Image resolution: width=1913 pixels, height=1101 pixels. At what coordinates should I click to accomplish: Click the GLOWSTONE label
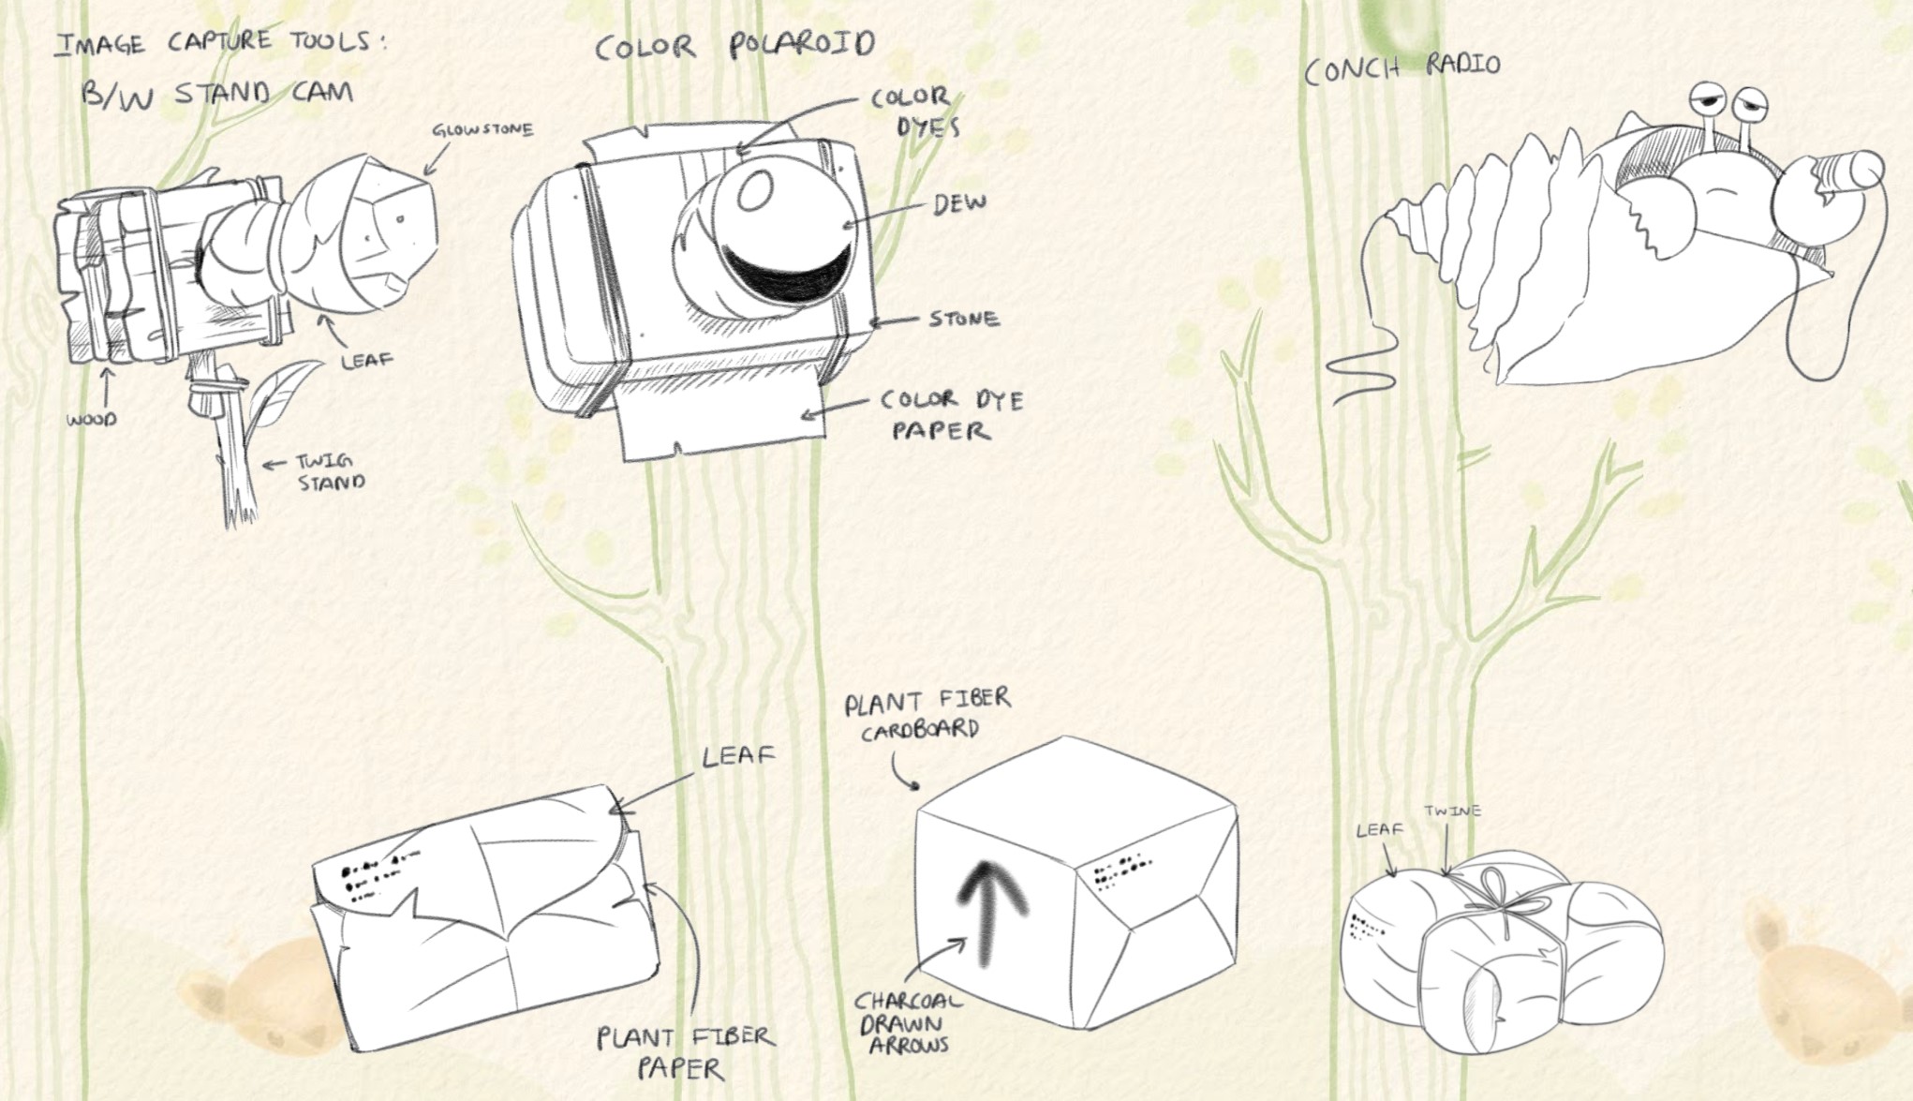coord(482,130)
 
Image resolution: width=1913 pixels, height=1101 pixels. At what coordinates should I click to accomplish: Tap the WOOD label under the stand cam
coord(92,420)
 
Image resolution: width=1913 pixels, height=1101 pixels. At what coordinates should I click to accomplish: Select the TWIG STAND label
coord(329,472)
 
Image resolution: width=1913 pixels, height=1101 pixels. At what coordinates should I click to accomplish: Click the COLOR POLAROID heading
coord(734,45)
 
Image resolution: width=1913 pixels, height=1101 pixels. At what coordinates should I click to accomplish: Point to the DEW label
coord(958,203)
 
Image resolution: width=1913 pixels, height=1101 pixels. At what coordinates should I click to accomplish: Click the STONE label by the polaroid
coord(963,319)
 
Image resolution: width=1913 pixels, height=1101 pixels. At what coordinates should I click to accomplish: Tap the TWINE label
coord(1452,811)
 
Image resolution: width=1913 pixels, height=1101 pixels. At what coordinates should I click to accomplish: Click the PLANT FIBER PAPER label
coord(686,1051)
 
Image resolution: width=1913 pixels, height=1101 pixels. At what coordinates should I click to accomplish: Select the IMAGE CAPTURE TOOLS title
coord(220,43)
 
